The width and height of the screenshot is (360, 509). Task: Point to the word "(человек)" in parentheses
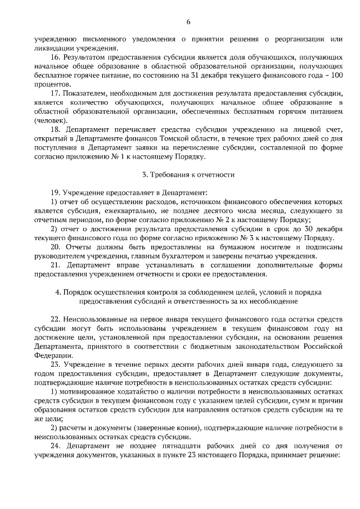(x=50, y=119)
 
